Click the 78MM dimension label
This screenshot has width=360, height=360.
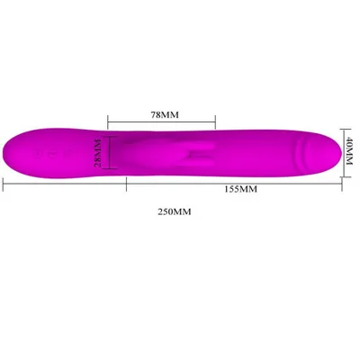point(165,114)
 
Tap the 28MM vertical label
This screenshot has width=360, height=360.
point(98,153)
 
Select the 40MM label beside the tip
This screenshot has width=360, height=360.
point(349,150)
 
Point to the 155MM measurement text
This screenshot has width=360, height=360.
point(241,189)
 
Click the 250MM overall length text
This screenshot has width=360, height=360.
point(175,211)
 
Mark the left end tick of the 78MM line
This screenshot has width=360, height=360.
point(108,121)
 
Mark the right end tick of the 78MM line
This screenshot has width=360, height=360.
point(215,121)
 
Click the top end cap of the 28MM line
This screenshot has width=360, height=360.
point(110,136)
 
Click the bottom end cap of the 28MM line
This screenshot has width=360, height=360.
point(110,168)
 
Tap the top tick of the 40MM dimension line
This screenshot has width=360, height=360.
point(346,129)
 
